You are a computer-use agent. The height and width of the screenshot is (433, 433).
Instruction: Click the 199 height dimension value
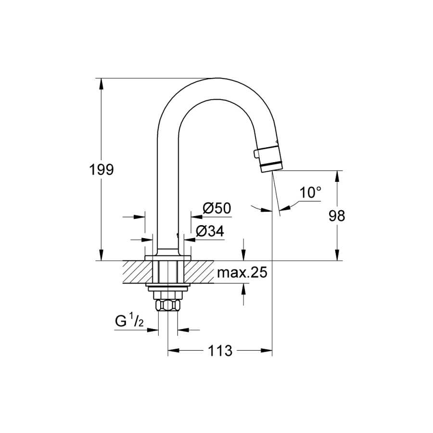coord(102,169)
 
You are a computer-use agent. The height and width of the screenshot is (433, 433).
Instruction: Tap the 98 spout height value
coord(337,216)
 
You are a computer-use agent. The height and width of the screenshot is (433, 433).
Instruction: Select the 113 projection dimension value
coord(220,351)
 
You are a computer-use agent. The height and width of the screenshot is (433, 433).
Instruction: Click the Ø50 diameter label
coord(217,208)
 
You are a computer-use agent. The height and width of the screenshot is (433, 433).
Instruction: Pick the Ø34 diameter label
coord(210,231)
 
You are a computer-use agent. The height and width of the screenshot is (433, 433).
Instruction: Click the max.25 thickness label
coord(242,273)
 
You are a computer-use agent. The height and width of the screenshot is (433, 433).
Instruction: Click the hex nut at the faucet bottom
coord(168,306)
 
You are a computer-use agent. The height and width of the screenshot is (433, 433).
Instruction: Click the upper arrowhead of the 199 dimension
coord(102,83)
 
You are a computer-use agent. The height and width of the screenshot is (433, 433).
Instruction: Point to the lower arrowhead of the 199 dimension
coord(102,255)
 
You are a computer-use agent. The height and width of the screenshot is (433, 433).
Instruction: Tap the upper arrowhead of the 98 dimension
coord(337,176)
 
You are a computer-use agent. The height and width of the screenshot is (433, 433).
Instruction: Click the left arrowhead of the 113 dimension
coord(173,351)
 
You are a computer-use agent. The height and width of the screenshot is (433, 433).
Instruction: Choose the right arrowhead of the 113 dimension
coord(267,351)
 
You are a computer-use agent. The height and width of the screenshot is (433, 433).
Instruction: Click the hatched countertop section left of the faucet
coord(138,272)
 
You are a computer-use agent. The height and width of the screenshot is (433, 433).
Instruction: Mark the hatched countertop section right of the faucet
coord(199,272)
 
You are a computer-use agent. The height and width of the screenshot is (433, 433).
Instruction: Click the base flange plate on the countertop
coord(168,258)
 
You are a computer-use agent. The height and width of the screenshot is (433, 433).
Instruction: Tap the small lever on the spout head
coord(256,153)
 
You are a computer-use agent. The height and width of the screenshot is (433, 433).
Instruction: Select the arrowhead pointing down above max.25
coord(243,255)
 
